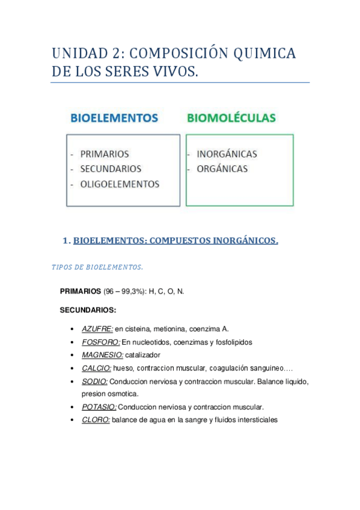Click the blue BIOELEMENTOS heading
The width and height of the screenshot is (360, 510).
pos(114,117)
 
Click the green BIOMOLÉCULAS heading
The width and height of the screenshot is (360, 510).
pos(231,117)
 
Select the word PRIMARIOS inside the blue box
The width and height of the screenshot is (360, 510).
pos(104,154)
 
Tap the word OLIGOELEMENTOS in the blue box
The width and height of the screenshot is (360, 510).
pos(120,184)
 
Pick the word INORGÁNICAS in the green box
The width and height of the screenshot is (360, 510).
pos(227,154)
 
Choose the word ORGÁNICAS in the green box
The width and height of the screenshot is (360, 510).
pos(222,169)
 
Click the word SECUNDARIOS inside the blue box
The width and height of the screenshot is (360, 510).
pos(111,169)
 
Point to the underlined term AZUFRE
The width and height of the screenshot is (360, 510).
pos(97,329)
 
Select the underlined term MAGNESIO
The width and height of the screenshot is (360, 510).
pos(102,355)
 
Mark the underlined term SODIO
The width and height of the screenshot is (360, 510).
pos(94,381)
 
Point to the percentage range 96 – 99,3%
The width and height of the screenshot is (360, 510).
pos(123,292)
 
